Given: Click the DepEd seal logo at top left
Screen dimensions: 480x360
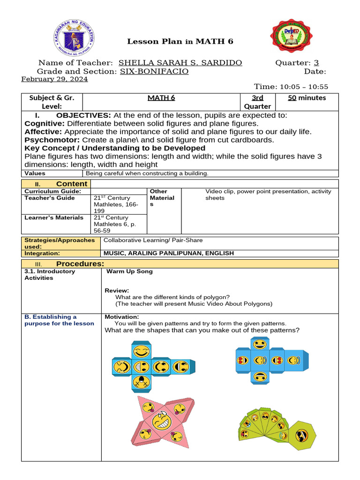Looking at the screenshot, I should pos(74,40).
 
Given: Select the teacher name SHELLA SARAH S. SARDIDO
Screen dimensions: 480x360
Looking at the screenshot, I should pos(180,63).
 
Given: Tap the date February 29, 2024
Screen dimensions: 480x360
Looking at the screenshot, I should pos(55,79).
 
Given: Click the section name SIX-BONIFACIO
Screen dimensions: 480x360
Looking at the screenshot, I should pos(154,71).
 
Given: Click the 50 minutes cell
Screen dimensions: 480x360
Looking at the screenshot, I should pos(307,98).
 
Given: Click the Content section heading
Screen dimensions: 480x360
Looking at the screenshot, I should pos(71,184).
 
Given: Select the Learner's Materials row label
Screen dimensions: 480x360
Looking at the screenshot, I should pos(54,217).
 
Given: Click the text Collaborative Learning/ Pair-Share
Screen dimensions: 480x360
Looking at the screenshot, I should pos(153,240).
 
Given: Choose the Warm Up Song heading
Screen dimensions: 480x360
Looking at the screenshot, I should pos(129,271).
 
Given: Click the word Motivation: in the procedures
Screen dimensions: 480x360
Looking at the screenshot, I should pos(122,317).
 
